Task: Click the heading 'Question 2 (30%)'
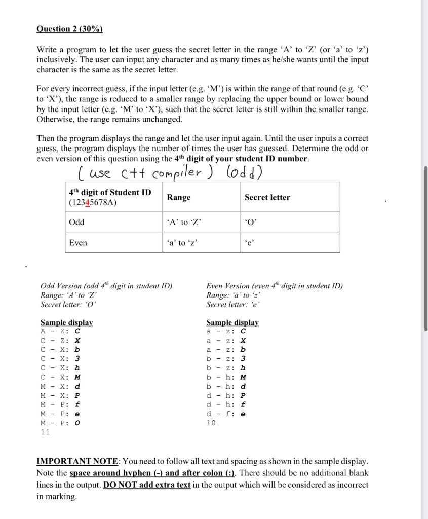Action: [x=69, y=29]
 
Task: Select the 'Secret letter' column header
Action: [x=267, y=197]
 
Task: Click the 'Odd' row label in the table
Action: [x=77, y=222]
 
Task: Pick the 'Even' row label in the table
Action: [x=78, y=243]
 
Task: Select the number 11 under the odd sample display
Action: [x=45, y=432]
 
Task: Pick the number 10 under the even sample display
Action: [x=211, y=423]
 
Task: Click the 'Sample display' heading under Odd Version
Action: [x=66, y=322]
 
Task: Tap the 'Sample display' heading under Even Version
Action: [x=232, y=322]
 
